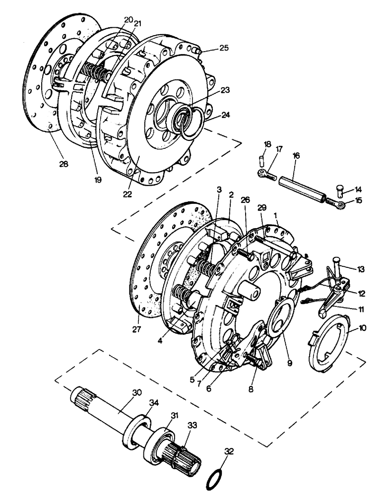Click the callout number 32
point(228,452)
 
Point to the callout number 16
point(296,156)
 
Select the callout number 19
point(97,180)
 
